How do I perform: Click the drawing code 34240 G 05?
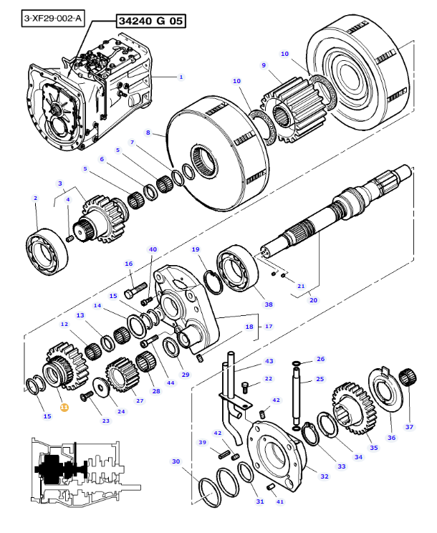(x=151, y=21)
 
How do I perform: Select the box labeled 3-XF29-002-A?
(x=53, y=19)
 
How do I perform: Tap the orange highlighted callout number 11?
(x=64, y=407)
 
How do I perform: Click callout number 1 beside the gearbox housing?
(x=181, y=77)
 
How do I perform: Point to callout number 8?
(x=148, y=133)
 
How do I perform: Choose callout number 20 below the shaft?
(x=313, y=300)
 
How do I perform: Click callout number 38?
(x=269, y=304)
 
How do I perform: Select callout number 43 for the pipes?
(x=269, y=361)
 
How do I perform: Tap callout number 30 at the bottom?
(x=176, y=461)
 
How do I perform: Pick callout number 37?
(x=409, y=427)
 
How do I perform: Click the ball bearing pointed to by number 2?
(x=47, y=251)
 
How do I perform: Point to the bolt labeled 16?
(x=135, y=290)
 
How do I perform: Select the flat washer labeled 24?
(x=101, y=387)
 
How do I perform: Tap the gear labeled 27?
(x=123, y=374)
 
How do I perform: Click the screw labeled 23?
(x=87, y=396)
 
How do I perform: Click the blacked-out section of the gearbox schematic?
(x=58, y=469)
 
